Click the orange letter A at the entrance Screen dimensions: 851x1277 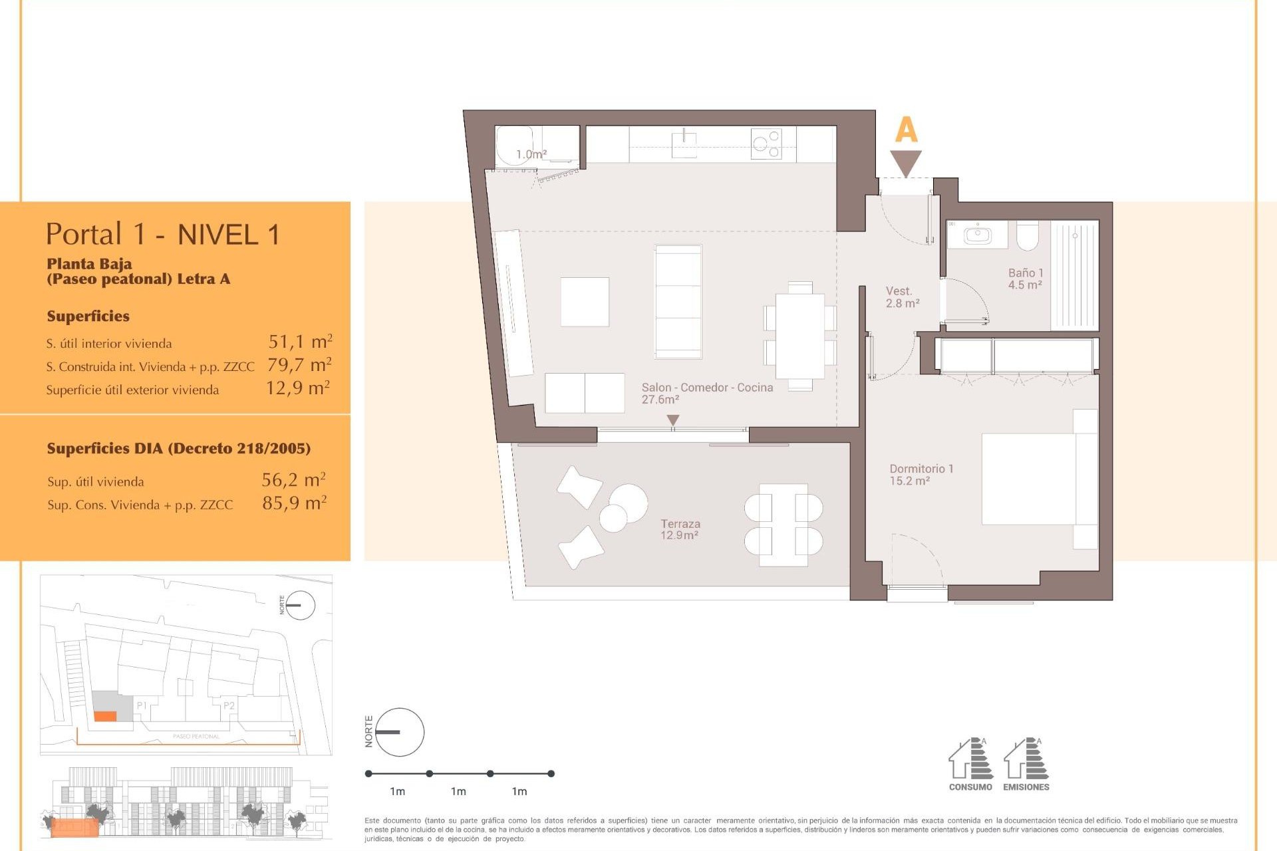coord(906,130)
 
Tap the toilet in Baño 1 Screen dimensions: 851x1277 coord(1028,235)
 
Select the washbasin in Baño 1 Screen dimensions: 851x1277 coord(978,235)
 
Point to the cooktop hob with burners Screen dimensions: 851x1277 coord(766,144)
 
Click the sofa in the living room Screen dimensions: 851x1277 coord(678,302)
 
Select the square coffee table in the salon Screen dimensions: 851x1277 coord(585,302)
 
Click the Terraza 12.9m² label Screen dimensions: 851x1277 coord(680,529)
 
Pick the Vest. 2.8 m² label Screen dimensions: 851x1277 coord(902,297)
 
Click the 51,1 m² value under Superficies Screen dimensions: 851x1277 coord(300,342)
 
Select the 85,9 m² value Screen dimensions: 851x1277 coord(294,503)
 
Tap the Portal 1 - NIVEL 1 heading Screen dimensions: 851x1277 coord(163,235)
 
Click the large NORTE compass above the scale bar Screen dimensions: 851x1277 coord(399,732)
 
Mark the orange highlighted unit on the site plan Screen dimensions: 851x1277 coord(105,716)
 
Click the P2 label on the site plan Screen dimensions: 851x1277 coord(229,705)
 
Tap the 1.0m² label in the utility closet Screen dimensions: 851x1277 coord(531,154)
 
